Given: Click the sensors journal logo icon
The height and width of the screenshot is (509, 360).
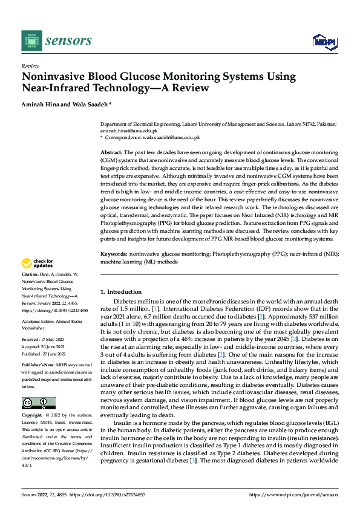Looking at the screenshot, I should tap(30, 41).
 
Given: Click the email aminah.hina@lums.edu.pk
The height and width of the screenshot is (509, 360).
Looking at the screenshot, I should tap(128, 130).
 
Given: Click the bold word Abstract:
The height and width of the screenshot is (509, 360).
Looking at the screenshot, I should tap(111, 151).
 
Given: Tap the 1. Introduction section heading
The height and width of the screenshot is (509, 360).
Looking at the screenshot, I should tap(121, 292).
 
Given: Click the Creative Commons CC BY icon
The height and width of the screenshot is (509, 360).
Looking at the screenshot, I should tap(38, 403).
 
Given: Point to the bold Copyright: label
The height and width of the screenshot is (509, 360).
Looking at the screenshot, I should tap(32, 416).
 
